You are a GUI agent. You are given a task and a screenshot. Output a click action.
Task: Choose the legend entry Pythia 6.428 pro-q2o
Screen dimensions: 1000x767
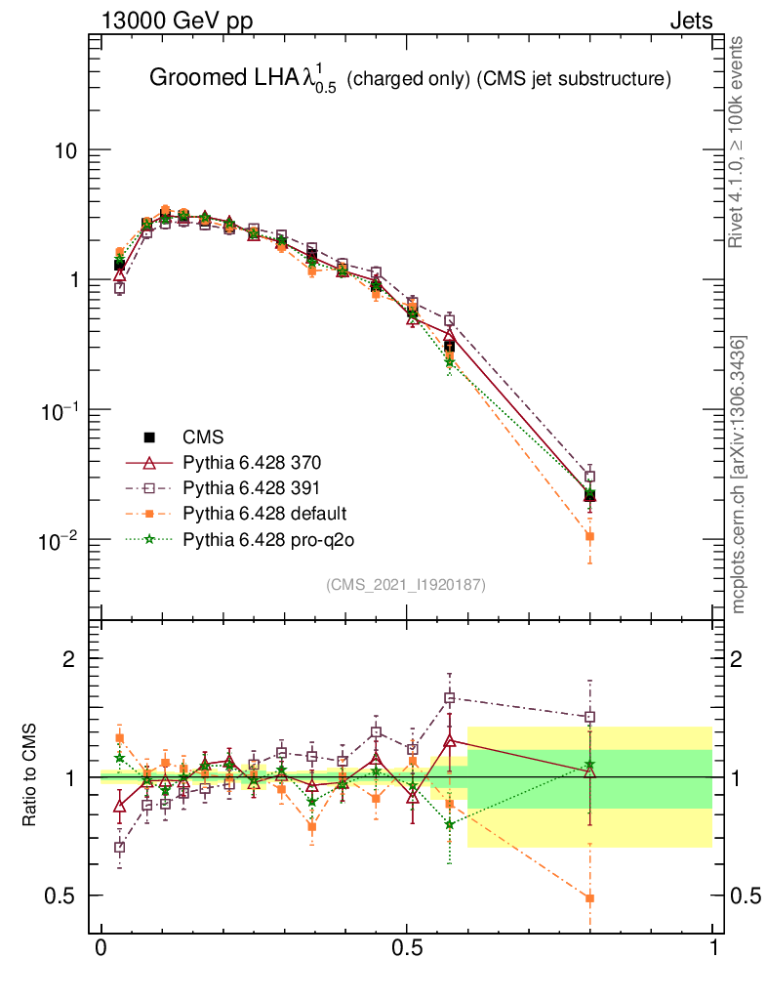click(x=261, y=538)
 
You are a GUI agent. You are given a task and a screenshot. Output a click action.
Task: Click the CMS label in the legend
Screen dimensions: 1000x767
click(x=203, y=437)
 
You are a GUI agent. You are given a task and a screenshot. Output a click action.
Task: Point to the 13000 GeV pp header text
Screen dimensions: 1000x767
click(x=176, y=21)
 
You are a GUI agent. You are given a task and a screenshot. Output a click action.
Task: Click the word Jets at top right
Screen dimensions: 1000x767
click(x=690, y=21)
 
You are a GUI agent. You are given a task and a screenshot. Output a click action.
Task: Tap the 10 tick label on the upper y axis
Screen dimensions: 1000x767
click(x=64, y=150)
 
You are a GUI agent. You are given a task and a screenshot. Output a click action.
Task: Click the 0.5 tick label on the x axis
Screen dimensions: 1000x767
click(x=407, y=949)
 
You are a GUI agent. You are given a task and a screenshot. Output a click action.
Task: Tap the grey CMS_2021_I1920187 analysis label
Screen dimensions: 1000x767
click(x=406, y=585)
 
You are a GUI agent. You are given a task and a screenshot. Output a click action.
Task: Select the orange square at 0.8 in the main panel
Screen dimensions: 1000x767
click(x=589, y=536)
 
